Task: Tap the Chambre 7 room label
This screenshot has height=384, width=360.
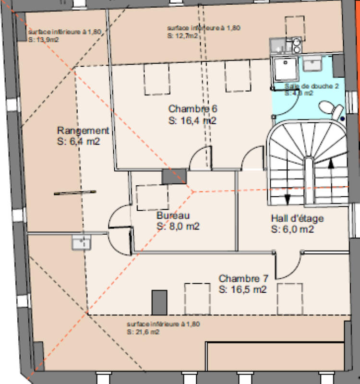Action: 243,278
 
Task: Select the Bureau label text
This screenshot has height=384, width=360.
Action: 173,216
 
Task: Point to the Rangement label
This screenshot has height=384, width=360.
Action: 83,131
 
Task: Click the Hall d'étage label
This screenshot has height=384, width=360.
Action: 297,219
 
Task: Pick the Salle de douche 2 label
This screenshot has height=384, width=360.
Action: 312,86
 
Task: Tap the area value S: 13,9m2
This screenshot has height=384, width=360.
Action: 44,40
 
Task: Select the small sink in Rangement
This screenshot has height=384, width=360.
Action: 82,242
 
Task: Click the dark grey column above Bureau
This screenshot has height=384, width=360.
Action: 174,176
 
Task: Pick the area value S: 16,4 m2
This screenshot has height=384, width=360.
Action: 192,121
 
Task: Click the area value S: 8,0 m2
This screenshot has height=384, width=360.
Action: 178,226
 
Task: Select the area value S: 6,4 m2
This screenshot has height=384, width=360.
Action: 78,142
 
